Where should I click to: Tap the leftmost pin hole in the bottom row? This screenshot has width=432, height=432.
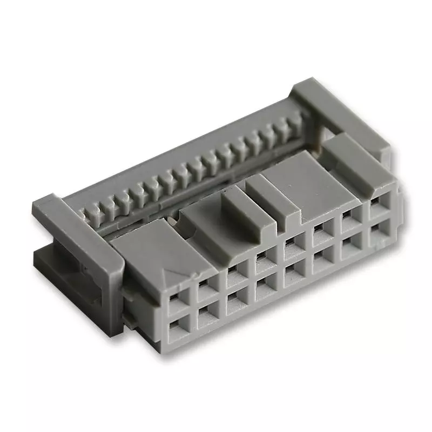tap(177, 327)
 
